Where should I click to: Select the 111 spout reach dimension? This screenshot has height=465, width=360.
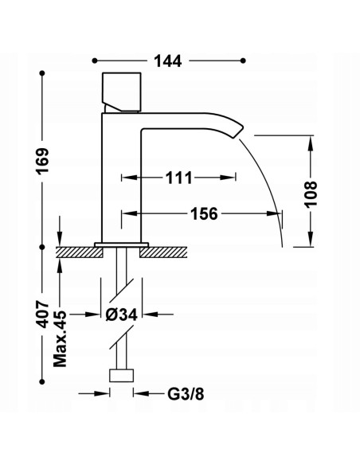click(x=178, y=178)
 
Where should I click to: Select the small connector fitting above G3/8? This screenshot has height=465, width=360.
click(x=121, y=377)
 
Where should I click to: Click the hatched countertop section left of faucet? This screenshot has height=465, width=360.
click(x=80, y=252)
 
